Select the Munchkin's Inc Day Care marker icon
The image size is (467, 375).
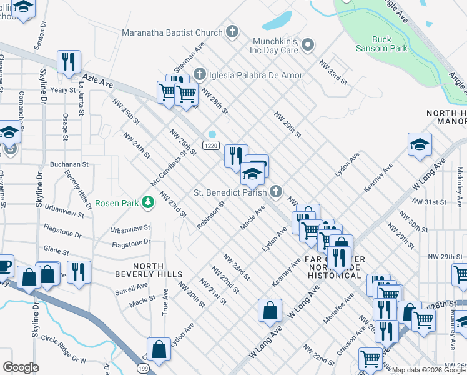point(307,44)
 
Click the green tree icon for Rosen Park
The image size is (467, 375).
point(148,202)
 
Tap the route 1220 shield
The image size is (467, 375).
point(210,145)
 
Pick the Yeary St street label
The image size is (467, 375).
point(63,90)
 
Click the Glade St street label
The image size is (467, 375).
point(56,251)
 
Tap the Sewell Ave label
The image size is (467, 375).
point(132,289)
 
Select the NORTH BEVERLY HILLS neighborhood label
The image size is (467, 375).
point(149,269)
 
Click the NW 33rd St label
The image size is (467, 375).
point(332,72)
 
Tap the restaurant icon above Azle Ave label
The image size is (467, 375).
point(68,61)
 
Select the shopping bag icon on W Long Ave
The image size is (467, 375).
point(270,311)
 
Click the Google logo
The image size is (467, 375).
point(21,367)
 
